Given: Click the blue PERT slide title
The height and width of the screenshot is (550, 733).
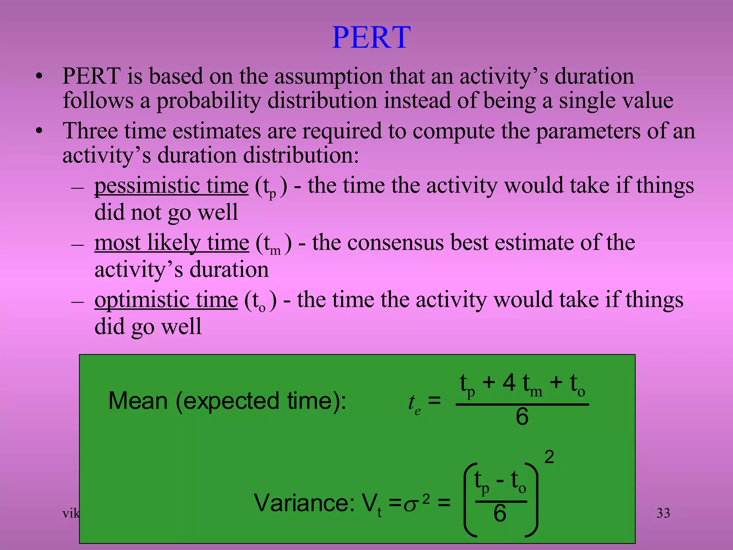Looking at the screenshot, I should pos(371,38).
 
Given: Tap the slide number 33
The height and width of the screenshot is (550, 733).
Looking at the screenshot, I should pos(663,513).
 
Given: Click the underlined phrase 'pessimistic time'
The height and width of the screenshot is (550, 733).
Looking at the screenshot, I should pos(171,186).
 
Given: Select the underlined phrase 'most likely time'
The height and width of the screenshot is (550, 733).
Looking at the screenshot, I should pos(172,243).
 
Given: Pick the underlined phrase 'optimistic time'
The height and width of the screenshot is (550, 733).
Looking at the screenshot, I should pos(166,300).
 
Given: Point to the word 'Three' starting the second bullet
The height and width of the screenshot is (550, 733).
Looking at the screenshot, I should pos(90,131).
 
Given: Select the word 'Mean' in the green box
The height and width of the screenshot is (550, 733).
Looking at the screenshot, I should pos(138,401).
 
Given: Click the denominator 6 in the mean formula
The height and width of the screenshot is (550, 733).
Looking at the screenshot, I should pos(522,417).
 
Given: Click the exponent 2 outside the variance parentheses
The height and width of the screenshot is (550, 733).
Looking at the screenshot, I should pos(549,457).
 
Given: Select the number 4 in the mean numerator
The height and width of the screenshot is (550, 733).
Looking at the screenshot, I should pos(509,383).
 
